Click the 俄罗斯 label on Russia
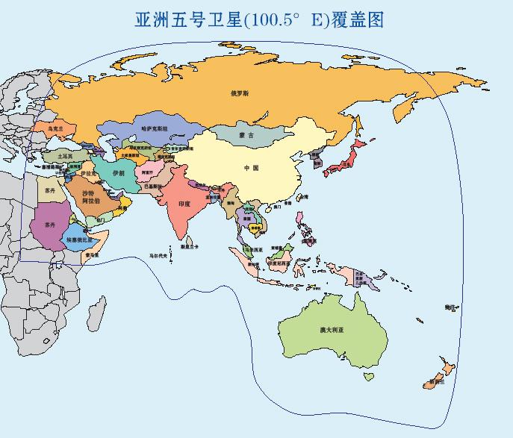(240, 93)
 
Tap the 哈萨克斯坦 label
(155, 128)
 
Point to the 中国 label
(251, 168)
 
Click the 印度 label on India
(184, 203)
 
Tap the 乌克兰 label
(56, 128)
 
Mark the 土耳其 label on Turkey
(66, 156)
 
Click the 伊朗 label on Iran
(118, 172)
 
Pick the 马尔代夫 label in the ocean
(159, 255)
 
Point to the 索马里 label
(92, 255)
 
